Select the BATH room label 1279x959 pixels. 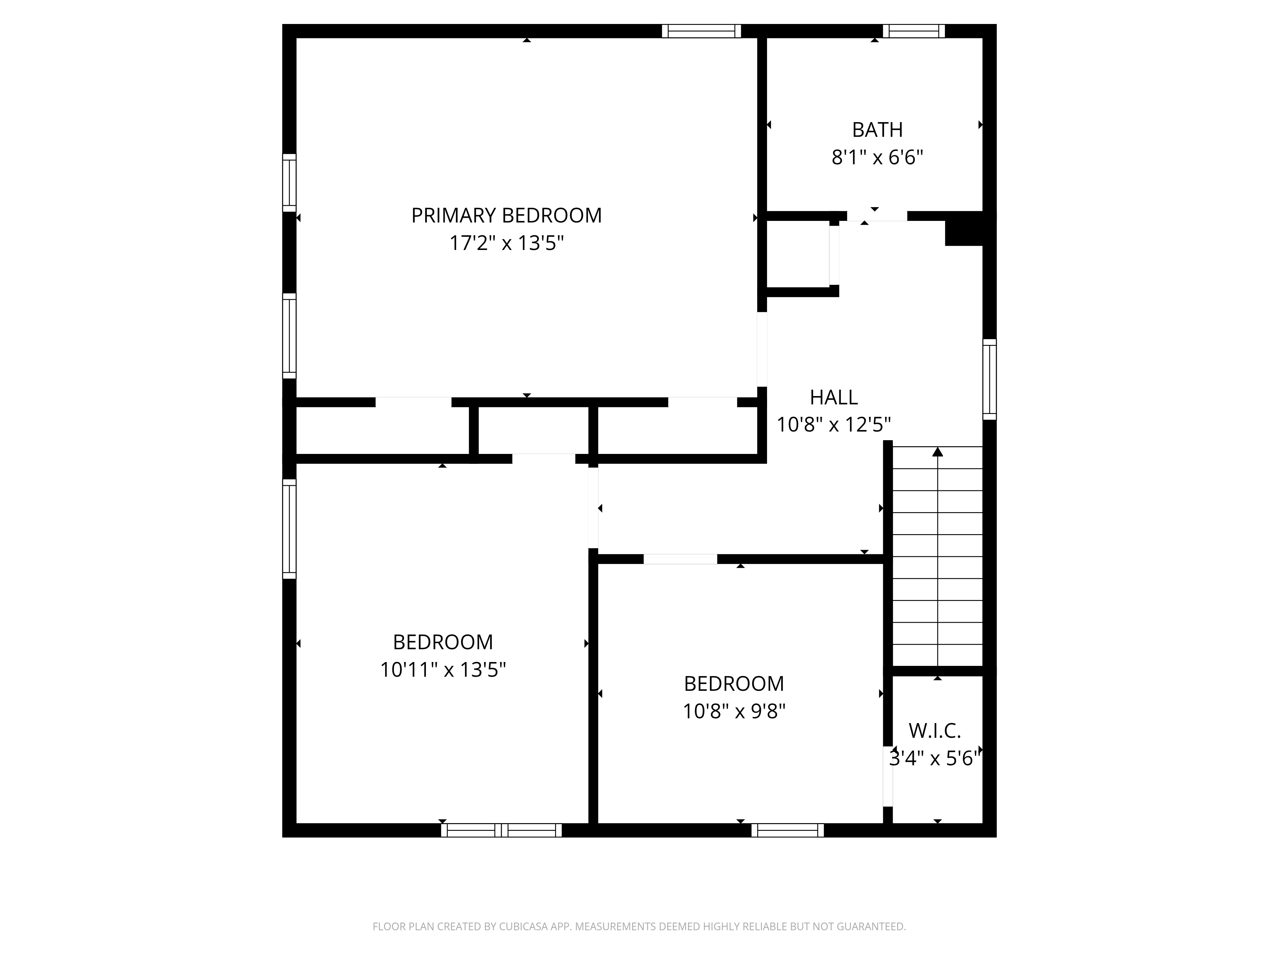(877, 130)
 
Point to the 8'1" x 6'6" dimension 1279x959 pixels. (877, 157)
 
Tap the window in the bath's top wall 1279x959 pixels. (914, 31)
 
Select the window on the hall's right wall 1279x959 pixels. (989, 379)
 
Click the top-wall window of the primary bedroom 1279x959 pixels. (701, 31)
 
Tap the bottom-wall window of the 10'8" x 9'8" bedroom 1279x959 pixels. (788, 830)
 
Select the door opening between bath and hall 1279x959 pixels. (876, 216)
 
